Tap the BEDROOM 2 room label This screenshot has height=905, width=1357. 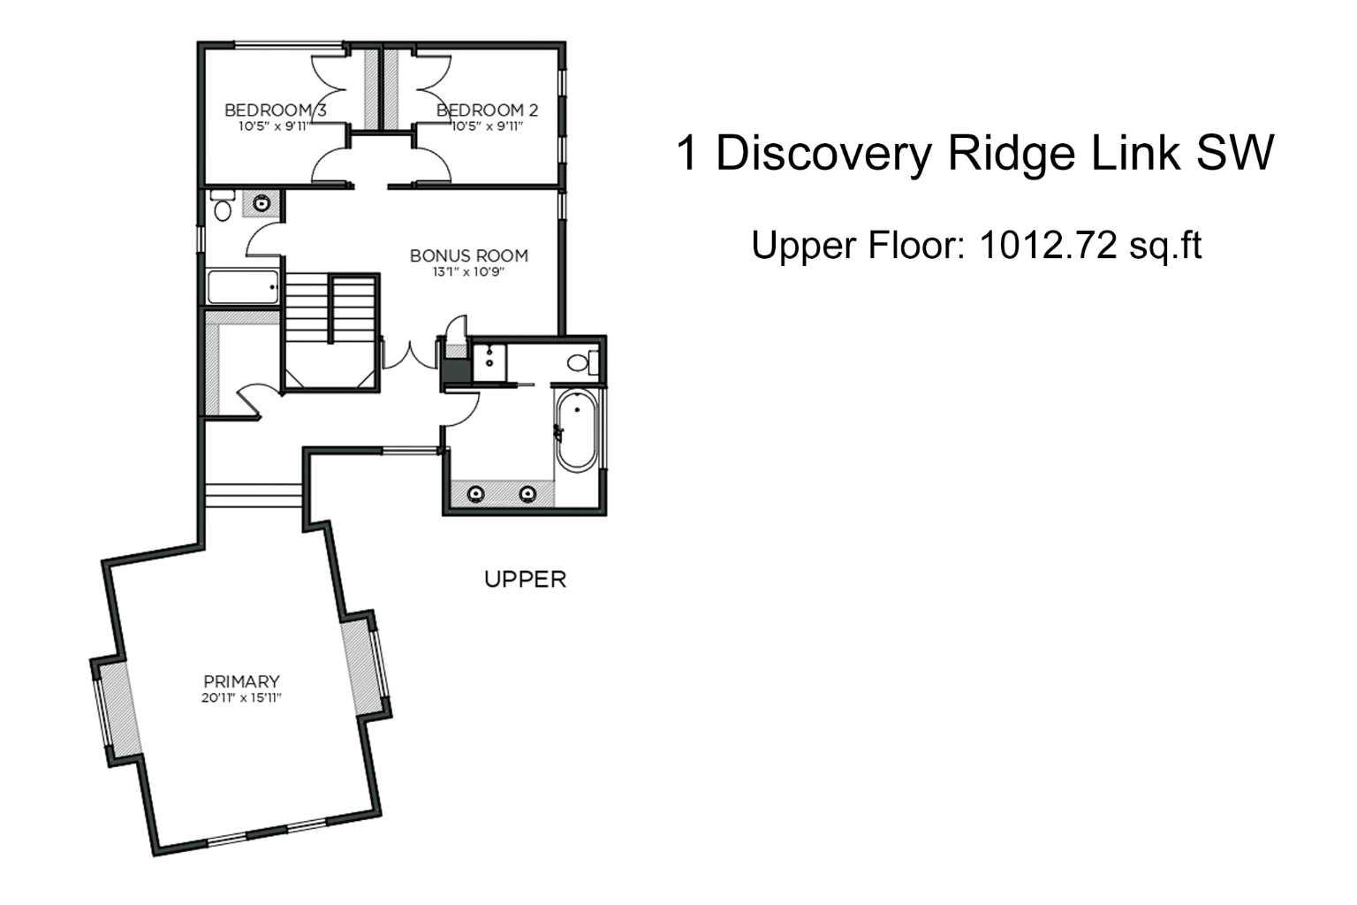(487, 110)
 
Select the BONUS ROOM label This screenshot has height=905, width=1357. (468, 255)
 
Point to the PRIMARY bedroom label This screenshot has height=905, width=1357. (241, 681)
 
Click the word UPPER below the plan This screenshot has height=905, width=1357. (525, 580)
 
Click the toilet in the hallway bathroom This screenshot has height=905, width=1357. (222, 207)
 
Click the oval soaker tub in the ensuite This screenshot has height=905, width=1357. (576, 430)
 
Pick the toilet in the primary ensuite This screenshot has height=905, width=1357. (580, 361)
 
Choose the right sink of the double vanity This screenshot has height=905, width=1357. (527, 493)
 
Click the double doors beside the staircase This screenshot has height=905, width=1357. (408, 354)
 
